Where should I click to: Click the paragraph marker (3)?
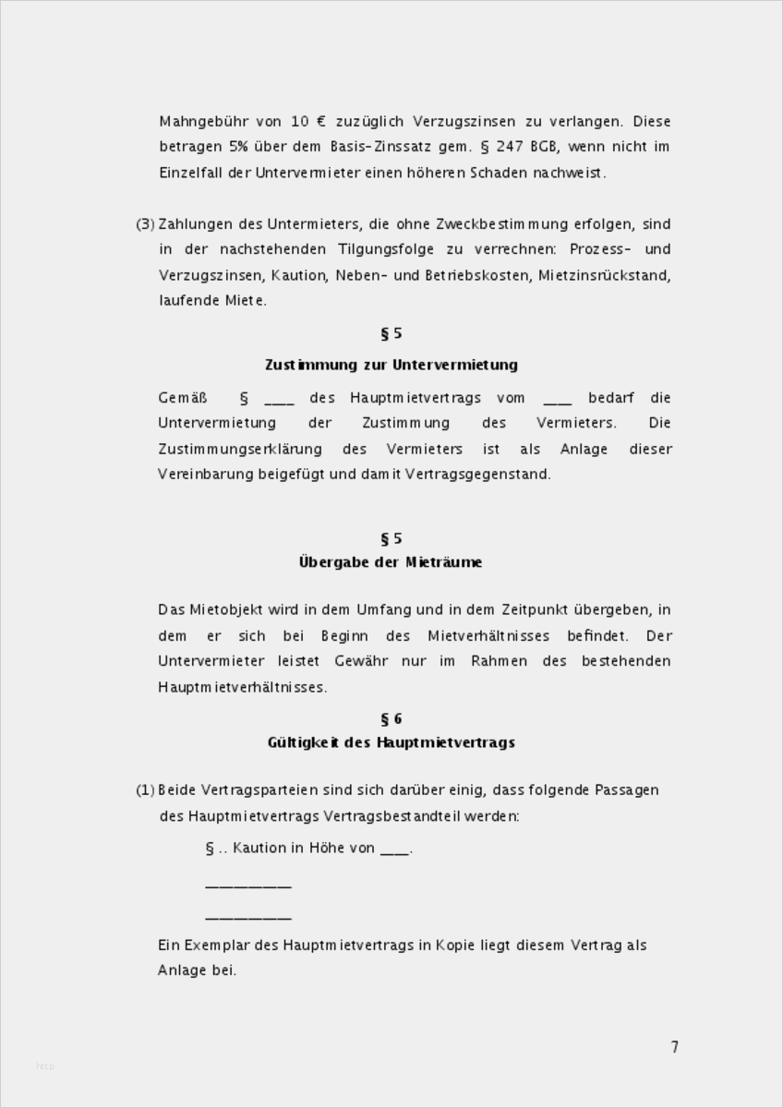145,224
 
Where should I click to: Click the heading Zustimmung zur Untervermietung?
391,365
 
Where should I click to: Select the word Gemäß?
181,398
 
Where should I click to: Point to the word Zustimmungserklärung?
240,449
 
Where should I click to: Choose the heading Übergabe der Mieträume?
391,562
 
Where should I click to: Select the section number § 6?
391,719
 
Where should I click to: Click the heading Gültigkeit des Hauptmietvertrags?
391,742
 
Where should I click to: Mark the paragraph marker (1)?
145,790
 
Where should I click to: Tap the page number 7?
675,1047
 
